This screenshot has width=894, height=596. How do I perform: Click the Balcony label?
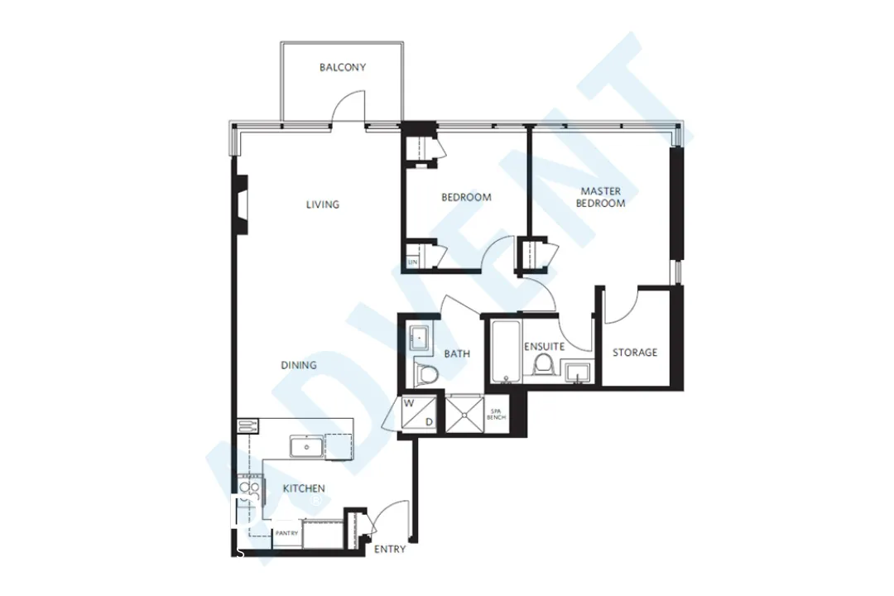coord(343,68)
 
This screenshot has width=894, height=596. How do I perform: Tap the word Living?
coord(323,204)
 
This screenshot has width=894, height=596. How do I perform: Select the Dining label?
coord(298,365)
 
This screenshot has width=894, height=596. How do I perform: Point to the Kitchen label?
coord(304,488)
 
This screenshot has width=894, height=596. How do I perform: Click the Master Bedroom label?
coord(601,197)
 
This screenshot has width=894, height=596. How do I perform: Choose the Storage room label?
coord(635,353)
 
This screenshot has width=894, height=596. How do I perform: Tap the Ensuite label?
coord(544,347)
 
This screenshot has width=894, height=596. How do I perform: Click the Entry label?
coord(390,550)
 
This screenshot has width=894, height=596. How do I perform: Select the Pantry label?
coord(286,534)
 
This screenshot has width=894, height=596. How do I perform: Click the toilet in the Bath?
coord(426,374)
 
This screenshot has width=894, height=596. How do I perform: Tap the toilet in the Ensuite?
coord(544,364)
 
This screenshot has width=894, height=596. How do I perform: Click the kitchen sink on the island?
coord(306,448)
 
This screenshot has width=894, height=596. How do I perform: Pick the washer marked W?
coord(409,405)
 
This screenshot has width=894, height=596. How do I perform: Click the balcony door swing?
coord(348,106)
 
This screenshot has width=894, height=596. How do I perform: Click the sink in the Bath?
coord(419,339)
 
